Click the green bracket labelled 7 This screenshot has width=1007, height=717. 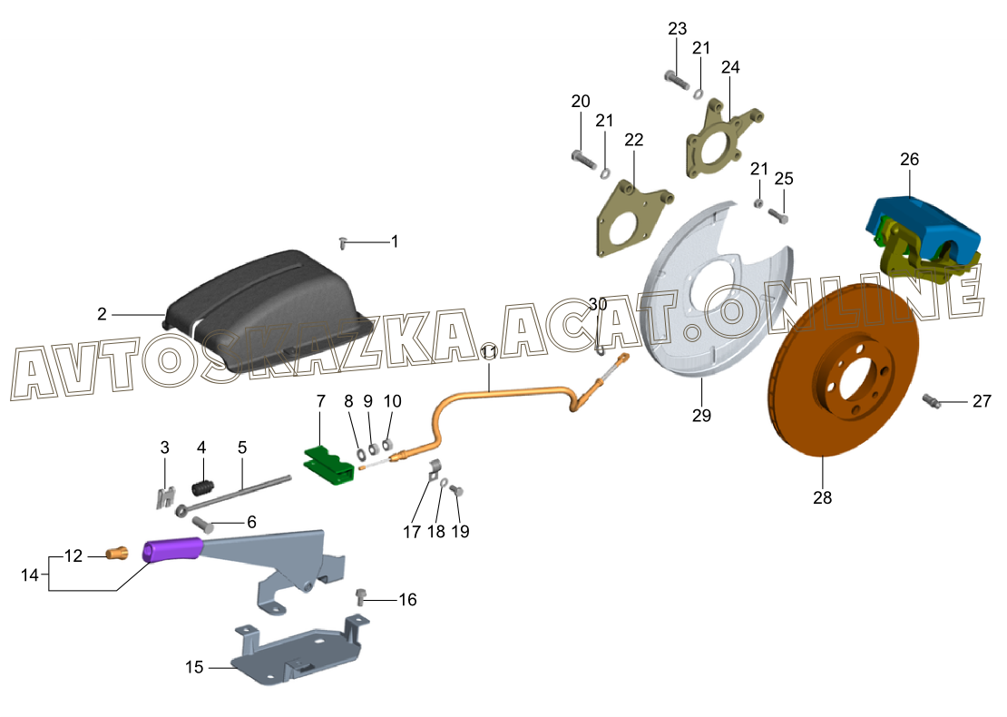click(x=327, y=464)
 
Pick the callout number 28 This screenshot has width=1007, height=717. click(x=823, y=497)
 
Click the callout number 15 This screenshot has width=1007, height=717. click(x=195, y=667)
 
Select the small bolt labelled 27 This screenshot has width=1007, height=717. click(x=933, y=400)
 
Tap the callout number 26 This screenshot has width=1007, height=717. click(x=909, y=160)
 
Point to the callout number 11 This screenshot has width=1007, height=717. click(x=489, y=352)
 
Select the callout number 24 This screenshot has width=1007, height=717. click(x=730, y=67)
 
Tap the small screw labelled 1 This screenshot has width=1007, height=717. click(x=343, y=241)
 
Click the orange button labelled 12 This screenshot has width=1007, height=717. click(x=116, y=553)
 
